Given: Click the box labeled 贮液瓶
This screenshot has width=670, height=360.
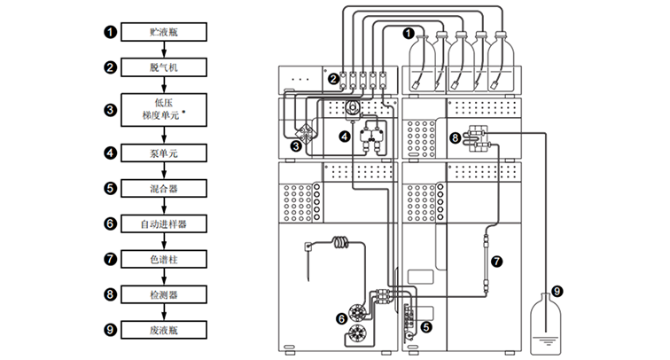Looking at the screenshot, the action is click(164, 32).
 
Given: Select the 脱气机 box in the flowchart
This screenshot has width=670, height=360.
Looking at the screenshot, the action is click(164, 67).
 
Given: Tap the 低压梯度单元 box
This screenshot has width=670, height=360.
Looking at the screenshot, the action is click(164, 110).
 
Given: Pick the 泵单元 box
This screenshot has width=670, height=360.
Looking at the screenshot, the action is click(164, 153).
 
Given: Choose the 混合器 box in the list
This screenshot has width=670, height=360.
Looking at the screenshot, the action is click(164, 188).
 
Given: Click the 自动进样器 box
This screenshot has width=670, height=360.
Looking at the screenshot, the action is click(164, 223).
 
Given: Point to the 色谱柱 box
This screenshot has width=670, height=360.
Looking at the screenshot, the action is click(164, 259).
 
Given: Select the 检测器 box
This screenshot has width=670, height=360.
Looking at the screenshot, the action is click(164, 294).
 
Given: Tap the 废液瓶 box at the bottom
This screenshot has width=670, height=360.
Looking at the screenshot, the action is click(164, 330).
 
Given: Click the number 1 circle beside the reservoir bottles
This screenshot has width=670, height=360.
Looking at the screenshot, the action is click(409, 33).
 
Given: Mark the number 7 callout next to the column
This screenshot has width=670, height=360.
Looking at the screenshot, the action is click(496, 261).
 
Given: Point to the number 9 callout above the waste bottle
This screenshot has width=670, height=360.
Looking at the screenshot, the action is click(557, 291).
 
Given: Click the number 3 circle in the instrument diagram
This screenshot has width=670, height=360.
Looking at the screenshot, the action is click(296, 146).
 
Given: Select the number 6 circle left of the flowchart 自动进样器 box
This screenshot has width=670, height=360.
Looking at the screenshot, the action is click(110, 223).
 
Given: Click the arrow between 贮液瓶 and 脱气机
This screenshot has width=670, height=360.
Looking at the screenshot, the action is click(164, 50).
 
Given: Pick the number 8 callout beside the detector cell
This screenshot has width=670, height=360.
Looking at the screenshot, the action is click(455, 137).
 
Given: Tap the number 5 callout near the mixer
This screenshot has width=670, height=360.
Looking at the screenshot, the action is click(426, 327).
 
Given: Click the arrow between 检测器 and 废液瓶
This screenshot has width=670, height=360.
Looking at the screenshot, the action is click(164, 312).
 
